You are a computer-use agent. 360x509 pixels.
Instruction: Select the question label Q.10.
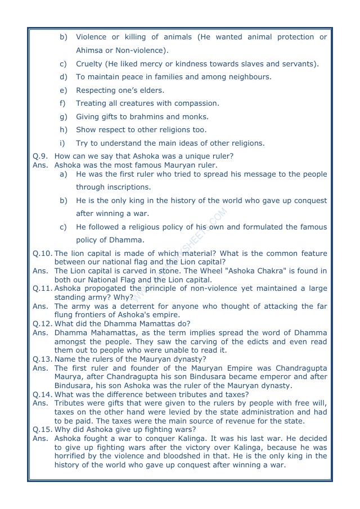42,254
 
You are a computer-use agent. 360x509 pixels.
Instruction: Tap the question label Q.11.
42,289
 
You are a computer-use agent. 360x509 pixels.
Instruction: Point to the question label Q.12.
42,323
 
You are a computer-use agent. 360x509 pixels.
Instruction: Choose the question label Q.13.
42,359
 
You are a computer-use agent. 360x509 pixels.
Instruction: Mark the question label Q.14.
42,394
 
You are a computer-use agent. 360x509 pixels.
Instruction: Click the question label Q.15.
42,429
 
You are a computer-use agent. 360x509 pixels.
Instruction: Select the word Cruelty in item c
89,64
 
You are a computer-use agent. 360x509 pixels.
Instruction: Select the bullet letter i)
63,143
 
